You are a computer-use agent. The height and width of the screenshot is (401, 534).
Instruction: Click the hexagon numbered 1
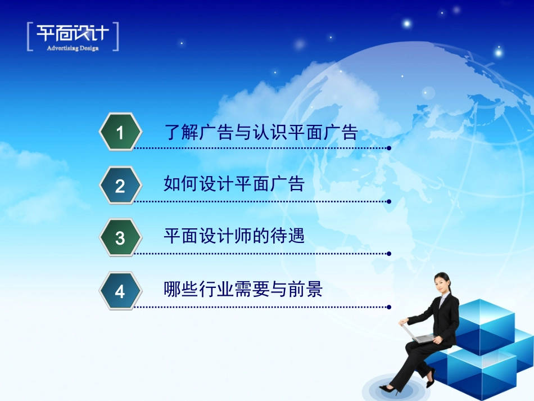tap(119, 132)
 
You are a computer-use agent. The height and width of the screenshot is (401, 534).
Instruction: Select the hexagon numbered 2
tap(119, 186)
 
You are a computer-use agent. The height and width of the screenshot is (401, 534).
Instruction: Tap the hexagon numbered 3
tap(119, 238)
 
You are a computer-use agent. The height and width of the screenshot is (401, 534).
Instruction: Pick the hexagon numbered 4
tap(119, 291)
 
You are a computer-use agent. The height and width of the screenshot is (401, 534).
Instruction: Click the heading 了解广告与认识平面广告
tap(261, 133)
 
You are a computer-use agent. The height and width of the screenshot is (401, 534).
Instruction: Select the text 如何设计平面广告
tap(234, 184)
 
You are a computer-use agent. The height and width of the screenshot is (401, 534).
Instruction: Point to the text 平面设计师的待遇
tap(234, 236)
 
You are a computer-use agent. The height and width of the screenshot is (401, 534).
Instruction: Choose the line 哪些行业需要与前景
tap(243, 290)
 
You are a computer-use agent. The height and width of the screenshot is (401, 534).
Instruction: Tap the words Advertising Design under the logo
tap(73, 48)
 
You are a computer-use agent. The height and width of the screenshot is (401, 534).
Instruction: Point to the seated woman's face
tap(442, 283)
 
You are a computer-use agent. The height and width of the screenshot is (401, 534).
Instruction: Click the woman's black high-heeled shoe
tap(388, 388)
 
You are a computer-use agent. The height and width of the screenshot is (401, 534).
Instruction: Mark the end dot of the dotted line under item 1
tap(389, 148)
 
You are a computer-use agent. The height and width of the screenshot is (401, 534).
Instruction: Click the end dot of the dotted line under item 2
tap(389, 201)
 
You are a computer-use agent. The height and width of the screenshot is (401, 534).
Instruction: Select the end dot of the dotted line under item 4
tap(389, 307)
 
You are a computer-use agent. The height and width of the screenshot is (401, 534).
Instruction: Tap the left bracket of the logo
tap(29, 37)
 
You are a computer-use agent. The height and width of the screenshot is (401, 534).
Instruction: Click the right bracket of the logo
tap(116, 37)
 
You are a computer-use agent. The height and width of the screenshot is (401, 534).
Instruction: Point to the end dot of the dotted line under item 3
tap(389, 254)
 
